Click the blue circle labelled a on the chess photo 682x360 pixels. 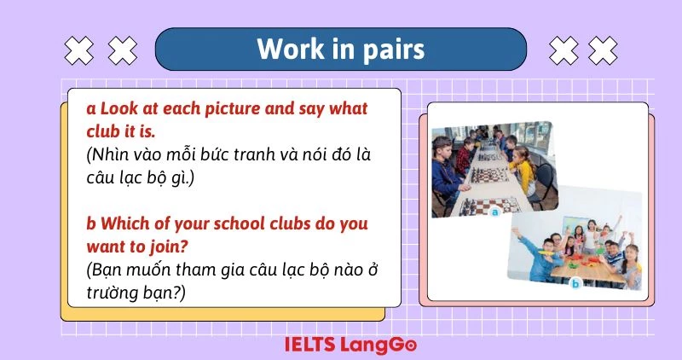(x=495, y=213)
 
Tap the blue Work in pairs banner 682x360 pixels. (x=341, y=49)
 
